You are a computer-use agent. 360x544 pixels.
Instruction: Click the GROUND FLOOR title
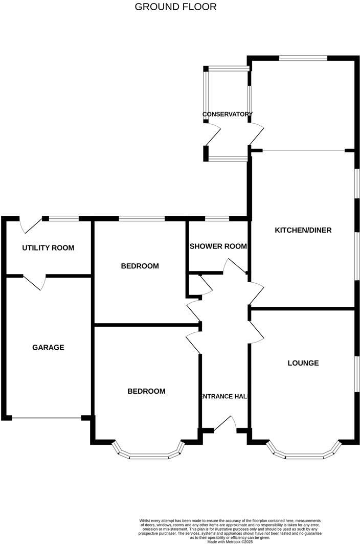(175, 7)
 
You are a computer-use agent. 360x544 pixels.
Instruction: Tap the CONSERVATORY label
(227, 114)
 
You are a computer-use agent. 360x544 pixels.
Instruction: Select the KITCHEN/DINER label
(303, 230)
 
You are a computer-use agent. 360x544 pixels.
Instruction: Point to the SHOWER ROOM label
(218, 246)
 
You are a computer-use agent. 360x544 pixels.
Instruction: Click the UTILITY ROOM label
(48, 248)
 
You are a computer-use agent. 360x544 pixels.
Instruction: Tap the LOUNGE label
(303, 363)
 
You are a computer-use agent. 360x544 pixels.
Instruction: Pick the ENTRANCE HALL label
(224, 396)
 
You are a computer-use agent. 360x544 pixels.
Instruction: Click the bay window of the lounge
(304, 453)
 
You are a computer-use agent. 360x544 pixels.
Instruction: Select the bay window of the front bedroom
(148, 453)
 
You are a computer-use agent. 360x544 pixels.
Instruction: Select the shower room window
(217, 219)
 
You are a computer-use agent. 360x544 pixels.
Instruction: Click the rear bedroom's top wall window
(142, 219)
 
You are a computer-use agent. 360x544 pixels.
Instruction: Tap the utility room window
(64, 219)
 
